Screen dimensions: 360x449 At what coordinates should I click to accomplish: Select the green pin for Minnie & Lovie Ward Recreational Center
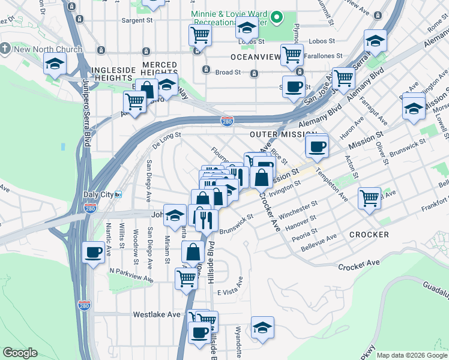[x=277, y=18]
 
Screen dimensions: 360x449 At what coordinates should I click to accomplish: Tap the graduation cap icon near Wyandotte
[x=262, y=327]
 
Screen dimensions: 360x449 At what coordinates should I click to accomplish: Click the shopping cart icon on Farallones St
[x=292, y=54]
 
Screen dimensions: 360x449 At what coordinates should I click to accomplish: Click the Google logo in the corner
[x=20, y=353]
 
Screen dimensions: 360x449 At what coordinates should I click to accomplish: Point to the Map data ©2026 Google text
[x=411, y=355]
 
